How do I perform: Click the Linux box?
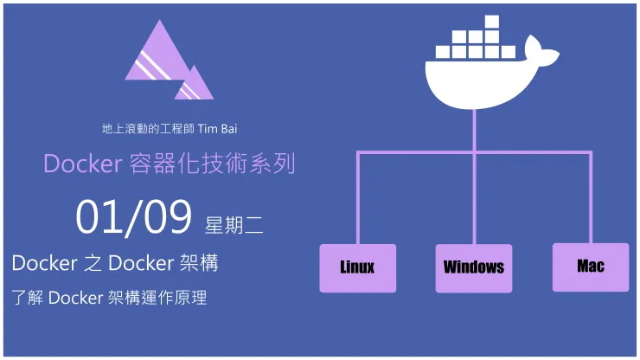click(x=357, y=267)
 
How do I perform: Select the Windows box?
click(x=473, y=267)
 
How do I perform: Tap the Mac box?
click(x=591, y=267)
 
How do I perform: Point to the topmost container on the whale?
click(x=491, y=22)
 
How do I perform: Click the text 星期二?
click(x=234, y=225)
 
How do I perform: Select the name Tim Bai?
click(x=217, y=129)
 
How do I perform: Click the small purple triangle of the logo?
click(x=195, y=84)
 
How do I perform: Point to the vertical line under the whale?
click(x=473, y=130)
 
